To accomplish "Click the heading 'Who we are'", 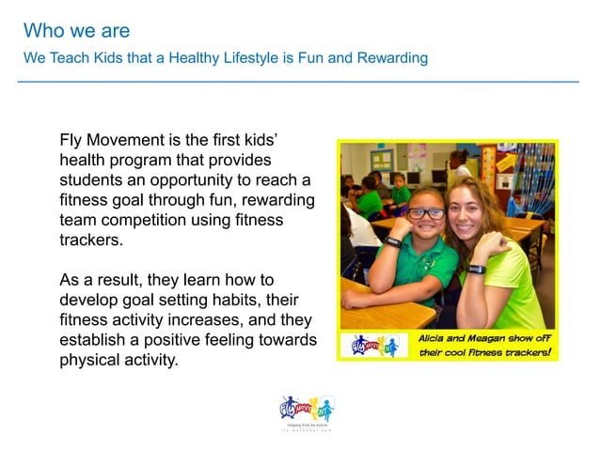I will tap(76, 31).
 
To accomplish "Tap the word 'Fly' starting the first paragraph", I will tap(72, 139).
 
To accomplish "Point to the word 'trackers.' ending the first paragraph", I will tap(92, 239).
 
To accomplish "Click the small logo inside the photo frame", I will tap(374, 346).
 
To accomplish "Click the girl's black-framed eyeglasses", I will tap(426, 213).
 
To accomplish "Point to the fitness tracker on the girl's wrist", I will tap(393, 241).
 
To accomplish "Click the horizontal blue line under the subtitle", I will tap(299, 83).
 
